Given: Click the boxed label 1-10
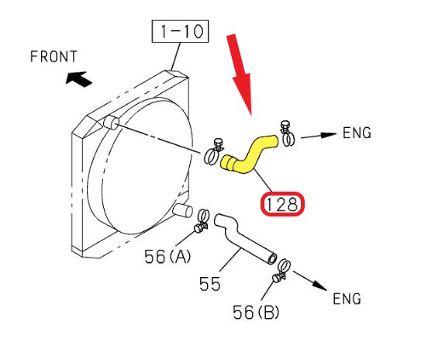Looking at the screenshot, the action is click(180, 31).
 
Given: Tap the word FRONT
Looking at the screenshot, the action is click(53, 57).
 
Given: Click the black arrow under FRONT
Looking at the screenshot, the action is click(78, 79).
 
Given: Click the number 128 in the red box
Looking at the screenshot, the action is click(281, 204).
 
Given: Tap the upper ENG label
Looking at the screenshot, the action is click(357, 133).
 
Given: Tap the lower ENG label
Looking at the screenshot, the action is click(347, 298).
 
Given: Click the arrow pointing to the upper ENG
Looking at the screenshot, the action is click(319, 136).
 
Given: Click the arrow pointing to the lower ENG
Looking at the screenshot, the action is click(310, 281).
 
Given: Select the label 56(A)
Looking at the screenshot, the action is click(167, 257).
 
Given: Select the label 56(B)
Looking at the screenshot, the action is click(256, 312).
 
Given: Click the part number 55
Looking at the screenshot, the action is click(209, 284).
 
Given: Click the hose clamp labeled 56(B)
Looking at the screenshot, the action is click(281, 270).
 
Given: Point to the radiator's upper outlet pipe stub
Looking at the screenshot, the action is click(111, 123).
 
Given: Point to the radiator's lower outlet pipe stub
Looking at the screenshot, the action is click(182, 210).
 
